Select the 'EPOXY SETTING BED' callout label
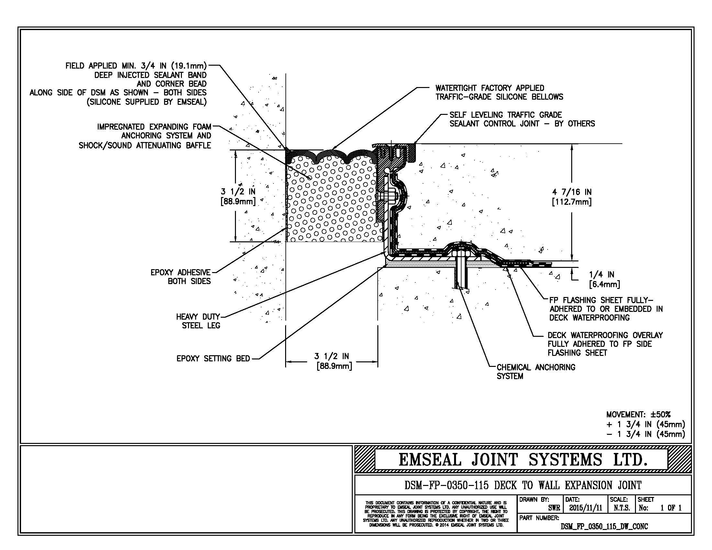(x=213, y=359)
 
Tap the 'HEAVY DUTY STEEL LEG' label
(x=198, y=321)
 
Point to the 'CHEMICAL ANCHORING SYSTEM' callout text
(x=536, y=372)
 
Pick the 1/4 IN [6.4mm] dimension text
(x=604, y=280)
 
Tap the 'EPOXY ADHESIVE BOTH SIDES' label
(x=181, y=277)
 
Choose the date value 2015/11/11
(x=585, y=508)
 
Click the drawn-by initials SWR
(x=554, y=508)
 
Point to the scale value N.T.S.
(x=621, y=508)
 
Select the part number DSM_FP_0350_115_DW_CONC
(x=604, y=526)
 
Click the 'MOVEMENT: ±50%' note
(x=638, y=415)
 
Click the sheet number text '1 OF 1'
(x=671, y=508)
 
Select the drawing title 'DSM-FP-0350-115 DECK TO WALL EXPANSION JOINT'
(x=523, y=486)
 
